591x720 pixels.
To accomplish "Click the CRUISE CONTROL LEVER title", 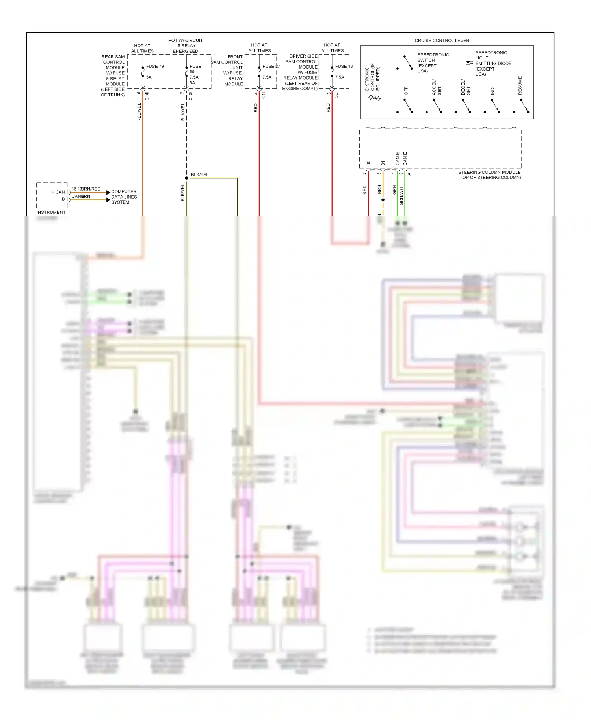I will tap(442, 41).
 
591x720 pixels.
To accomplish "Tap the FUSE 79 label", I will tap(155, 66).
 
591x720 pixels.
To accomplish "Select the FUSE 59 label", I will tap(195, 69).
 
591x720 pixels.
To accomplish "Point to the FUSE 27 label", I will tap(271, 66).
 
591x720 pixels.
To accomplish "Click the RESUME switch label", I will tap(520, 85).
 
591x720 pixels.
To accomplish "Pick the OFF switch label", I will tap(406, 91).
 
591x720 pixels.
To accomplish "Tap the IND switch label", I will tap(492, 91).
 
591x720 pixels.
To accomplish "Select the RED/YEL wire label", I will tap(139, 112).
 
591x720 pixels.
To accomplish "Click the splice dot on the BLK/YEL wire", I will tap(186, 178).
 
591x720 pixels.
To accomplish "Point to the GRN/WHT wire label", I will tap(401, 195).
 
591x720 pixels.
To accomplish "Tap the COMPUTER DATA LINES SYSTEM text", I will tap(124, 197).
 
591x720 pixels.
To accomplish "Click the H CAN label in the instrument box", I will tap(58, 192).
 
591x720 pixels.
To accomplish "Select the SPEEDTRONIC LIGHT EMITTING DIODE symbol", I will tap(469, 63).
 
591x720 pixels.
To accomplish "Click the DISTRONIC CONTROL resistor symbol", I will tap(374, 98).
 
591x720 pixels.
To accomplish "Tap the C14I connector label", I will tap(147, 96).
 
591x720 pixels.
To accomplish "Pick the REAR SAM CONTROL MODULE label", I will tap(113, 76).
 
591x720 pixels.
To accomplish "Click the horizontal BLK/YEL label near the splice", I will tap(200, 174).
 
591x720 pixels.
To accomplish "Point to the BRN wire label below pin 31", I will tap(379, 189).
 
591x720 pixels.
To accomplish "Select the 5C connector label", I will tap(336, 95).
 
